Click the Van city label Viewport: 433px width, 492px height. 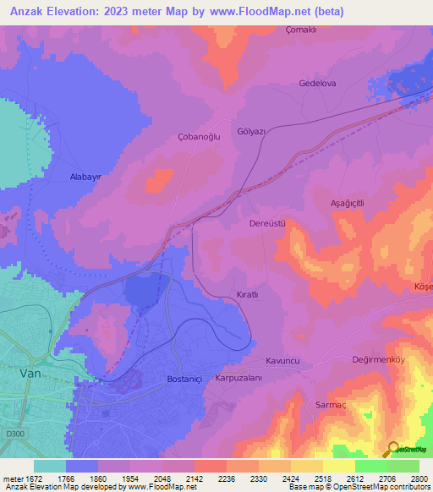pos(30,372)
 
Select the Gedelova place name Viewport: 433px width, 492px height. pos(318,83)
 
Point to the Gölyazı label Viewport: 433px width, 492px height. pos(252,132)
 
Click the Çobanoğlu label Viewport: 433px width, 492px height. pos(199,137)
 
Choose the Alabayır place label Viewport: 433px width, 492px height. pos(85,178)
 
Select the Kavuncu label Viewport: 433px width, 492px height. pos(283,360)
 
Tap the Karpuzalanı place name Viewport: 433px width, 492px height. pos(239,378)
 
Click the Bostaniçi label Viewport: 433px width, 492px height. pos(185,379)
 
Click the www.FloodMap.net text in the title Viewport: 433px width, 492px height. pos(261,13)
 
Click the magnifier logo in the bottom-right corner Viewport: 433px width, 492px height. pos(391,449)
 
